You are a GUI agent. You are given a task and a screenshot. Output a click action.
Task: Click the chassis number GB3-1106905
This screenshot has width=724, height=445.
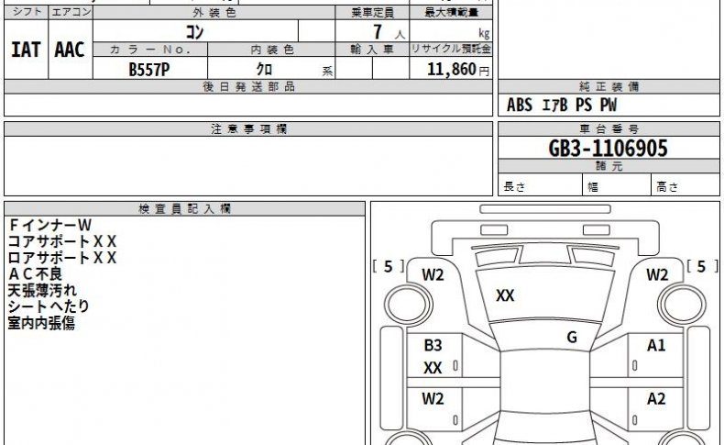click(608, 149)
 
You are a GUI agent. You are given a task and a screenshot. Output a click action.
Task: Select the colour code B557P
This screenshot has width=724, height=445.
click(149, 70)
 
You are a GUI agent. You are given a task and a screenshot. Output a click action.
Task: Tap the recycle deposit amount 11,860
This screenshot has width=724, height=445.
click(452, 70)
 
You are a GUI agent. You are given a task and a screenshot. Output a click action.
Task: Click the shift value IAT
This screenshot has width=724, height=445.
click(26, 50)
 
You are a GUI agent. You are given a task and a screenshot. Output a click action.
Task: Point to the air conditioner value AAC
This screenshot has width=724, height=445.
click(70, 50)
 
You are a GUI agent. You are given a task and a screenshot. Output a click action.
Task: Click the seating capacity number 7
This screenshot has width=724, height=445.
click(378, 32)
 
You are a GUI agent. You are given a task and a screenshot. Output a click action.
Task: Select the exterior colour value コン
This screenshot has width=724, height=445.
click(194, 32)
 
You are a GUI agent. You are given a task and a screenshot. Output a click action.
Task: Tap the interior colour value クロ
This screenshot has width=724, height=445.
click(264, 70)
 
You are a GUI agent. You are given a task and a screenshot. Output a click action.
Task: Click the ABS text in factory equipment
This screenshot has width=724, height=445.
click(520, 105)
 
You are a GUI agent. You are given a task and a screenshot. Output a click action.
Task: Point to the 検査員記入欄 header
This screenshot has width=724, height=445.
click(184, 209)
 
